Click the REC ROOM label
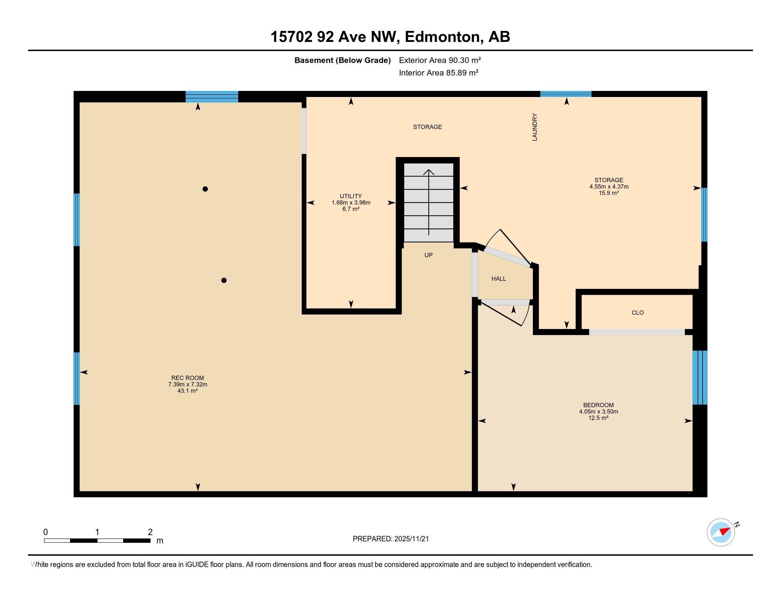pos(187,378)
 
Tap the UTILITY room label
pos(351,196)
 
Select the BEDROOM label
pos(598,405)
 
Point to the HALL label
pos(498,279)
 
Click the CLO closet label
pos(638,313)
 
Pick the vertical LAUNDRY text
pos(535,127)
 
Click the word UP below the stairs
pos(428,255)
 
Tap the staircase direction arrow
pos(429,202)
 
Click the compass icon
pos(721,533)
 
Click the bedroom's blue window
pos(700,377)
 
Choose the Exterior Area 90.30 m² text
pos(440,60)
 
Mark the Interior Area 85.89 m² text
pos(439,73)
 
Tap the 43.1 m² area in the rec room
pos(187,391)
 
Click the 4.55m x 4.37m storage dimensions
pos(609,187)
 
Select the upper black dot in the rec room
pos(205,189)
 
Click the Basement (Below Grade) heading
pos(343,60)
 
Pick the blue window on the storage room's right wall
pos(704,215)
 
